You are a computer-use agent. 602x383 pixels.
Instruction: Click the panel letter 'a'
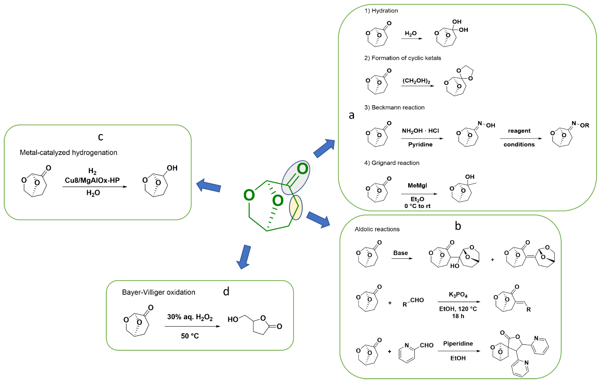click(x=352, y=115)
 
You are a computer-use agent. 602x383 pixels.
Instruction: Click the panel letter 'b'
click(x=458, y=226)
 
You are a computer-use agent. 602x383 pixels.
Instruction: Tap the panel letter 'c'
click(x=101, y=137)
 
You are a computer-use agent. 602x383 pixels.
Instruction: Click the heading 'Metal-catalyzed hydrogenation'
click(x=68, y=152)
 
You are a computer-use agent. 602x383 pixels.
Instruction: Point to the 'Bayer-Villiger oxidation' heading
click(x=159, y=292)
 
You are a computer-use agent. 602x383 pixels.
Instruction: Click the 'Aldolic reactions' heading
click(x=377, y=229)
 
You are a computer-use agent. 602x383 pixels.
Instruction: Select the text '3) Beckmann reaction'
click(x=394, y=108)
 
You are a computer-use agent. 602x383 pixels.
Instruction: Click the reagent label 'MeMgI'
click(x=417, y=185)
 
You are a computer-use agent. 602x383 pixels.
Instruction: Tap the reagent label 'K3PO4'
click(x=458, y=295)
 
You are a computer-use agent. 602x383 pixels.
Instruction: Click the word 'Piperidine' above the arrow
click(x=458, y=343)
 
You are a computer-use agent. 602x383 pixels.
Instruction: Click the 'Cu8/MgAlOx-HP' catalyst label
click(x=92, y=180)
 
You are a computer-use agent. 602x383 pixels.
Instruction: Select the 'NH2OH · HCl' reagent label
click(x=420, y=131)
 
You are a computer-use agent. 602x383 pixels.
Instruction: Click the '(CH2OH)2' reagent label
click(x=416, y=81)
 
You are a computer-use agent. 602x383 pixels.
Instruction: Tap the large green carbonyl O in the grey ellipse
click(x=302, y=169)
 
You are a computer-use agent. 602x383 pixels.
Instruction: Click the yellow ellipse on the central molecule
click(x=296, y=208)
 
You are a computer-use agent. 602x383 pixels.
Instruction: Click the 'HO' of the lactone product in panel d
click(x=233, y=319)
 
